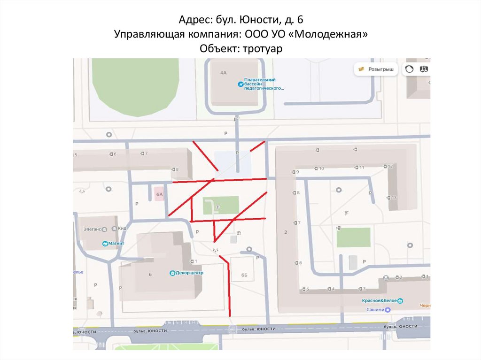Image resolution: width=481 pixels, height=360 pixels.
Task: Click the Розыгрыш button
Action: (x=376, y=69)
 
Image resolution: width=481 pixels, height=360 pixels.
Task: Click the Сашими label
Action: (x=380, y=310)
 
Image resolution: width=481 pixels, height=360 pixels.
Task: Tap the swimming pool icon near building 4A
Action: (x=240, y=84)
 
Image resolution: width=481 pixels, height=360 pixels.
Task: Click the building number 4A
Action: (x=223, y=73)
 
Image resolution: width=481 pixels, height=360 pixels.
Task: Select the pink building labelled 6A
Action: (x=159, y=194)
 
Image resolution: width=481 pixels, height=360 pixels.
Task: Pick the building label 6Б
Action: (x=244, y=276)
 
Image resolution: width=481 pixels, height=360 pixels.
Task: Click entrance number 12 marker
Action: (x=390, y=167)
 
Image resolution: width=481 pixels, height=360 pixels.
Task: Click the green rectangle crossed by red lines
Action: (x=221, y=205)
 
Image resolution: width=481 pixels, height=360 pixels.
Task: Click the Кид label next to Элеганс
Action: (x=123, y=229)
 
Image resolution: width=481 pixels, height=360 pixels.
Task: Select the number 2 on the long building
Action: (x=286, y=232)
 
